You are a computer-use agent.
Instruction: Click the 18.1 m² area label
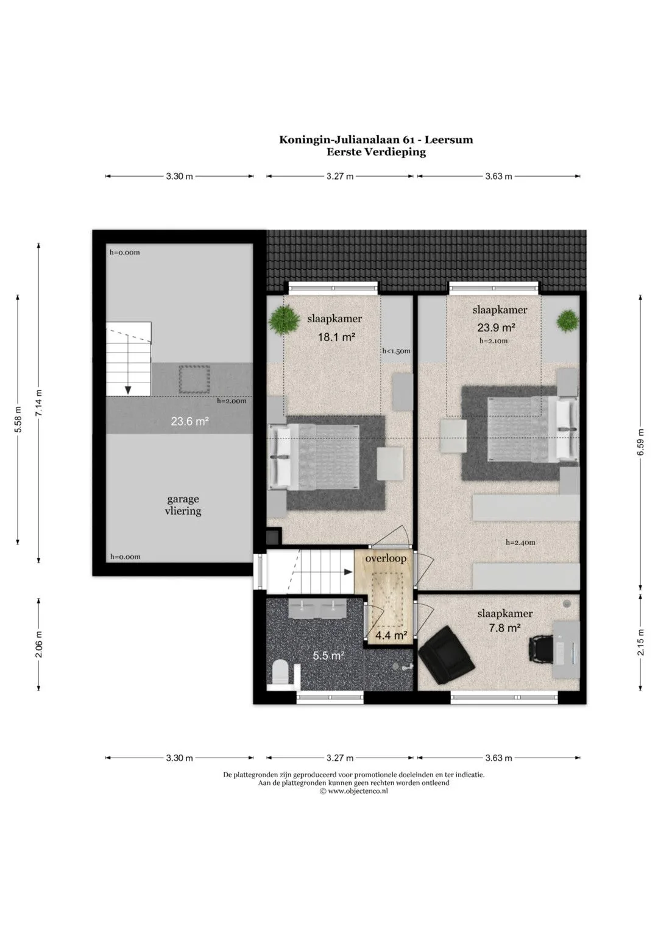click(336, 337)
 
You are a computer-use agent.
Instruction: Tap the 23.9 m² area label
click(496, 328)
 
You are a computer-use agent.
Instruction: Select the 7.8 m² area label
click(504, 628)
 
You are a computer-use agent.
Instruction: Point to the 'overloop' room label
click(386, 558)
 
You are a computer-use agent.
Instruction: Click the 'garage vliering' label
click(183, 505)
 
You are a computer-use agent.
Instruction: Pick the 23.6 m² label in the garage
click(189, 421)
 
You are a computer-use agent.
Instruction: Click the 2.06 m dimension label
click(38, 644)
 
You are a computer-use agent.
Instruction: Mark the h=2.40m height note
click(520, 542)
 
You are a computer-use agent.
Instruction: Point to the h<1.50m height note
click(396, 351)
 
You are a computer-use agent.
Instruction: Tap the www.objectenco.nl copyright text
click(353, 791)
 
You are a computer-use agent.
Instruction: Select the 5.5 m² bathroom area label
click(329, 655)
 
